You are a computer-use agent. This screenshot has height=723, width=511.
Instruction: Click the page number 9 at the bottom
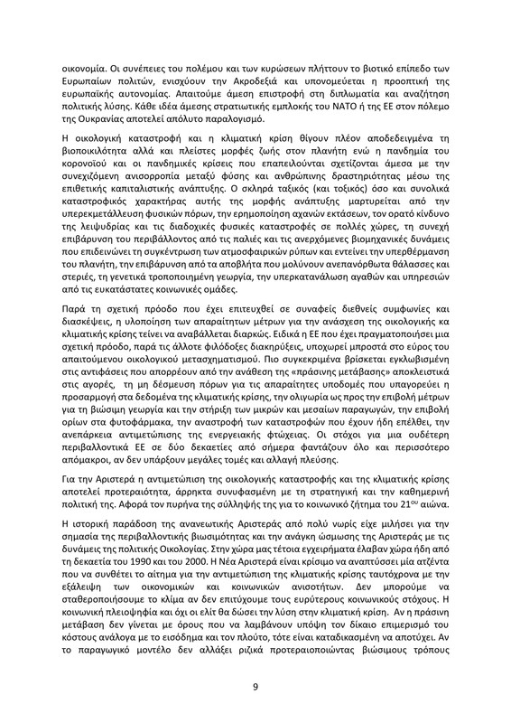pos(255,686)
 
